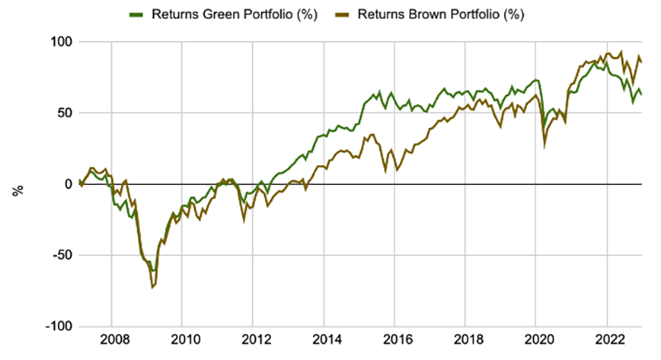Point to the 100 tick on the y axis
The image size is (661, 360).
coord(60,41)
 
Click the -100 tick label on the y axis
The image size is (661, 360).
coord(59,326)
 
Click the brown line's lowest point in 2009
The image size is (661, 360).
coord(152,287)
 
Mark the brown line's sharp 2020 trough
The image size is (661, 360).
coord(544,147)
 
